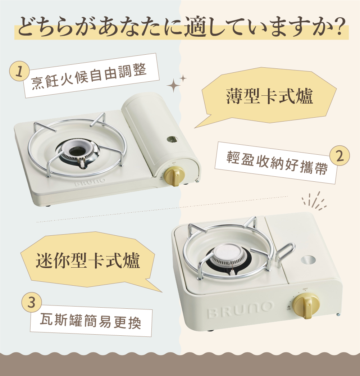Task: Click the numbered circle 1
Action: pyautogui.click(x=19, y=71)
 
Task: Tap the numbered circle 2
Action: pyautogui.click(x=340, y=156)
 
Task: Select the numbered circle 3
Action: pyautogui.click(x=31, y=302)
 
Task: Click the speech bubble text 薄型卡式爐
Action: pyautogui.click(x=269, y=96)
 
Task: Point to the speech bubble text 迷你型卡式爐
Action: pyautogui.click(x=88, y=261)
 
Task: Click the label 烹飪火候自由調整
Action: pyautogui.click(x=89, y=76)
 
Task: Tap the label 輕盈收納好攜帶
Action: pyautogui.click(x=277, y=162)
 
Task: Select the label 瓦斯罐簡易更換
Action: pyautogui.click(x=90, y=321)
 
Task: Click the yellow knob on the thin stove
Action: pyautogui.click(x=175, y=176)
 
